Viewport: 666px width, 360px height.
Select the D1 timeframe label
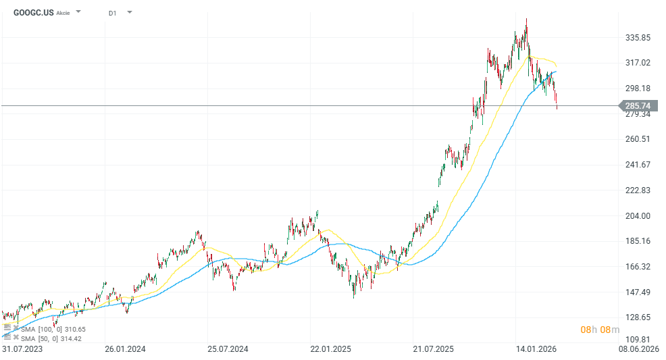[x=112, y=12]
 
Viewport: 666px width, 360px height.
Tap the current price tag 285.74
[x=637, y=106]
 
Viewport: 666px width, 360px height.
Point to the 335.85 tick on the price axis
[x=637, y=37]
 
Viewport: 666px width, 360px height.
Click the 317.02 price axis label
[x=637, y=63]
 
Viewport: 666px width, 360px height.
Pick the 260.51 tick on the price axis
[x=637, y=139]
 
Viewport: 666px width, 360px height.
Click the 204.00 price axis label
[x=637, y=215]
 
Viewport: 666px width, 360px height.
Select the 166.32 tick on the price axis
[x=637, y=266]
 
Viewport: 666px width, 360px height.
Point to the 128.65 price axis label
[x=637, y=317]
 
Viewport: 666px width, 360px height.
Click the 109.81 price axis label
[x=637, y=340]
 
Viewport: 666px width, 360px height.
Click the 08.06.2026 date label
[x=640, y=349]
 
